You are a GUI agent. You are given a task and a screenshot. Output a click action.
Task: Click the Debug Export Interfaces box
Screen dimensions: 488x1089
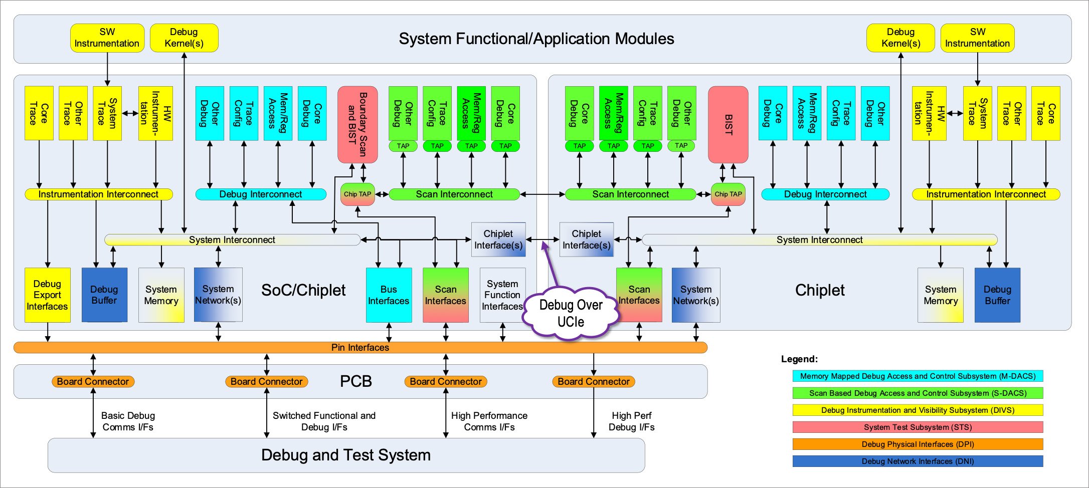point(47,295)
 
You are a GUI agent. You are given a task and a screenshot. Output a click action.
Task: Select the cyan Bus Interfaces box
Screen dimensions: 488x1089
point(389,295)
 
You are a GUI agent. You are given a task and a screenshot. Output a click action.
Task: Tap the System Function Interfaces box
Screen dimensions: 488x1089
point(502,295)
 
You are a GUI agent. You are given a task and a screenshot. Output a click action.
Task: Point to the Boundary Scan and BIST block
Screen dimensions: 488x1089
point(357,124)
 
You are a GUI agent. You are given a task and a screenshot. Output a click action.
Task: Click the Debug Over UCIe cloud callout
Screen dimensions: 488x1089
point(571,313)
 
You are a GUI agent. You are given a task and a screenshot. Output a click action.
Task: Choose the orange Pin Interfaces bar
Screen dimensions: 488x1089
point(360,347)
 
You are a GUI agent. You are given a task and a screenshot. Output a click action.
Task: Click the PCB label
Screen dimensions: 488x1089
point(356,381)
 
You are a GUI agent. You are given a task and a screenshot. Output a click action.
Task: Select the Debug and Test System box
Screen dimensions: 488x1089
point(346,455)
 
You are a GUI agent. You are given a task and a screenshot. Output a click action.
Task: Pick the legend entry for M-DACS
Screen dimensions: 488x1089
point(918,376)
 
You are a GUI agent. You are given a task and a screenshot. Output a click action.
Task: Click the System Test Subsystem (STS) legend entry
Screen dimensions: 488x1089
point(918,427)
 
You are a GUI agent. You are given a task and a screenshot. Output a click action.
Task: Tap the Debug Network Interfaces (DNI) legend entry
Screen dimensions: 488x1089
point(918,461)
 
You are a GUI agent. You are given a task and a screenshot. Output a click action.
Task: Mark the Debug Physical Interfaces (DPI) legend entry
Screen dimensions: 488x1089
point(918,444)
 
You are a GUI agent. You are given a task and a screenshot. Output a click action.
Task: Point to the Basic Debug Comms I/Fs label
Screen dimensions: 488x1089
point(128,421)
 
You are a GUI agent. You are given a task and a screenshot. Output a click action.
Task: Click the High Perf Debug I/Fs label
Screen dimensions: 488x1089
point(631,421)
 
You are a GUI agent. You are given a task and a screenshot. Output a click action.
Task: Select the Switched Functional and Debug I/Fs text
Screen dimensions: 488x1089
point(324,421)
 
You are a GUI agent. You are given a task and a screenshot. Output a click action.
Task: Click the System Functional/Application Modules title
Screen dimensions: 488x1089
point(536,39)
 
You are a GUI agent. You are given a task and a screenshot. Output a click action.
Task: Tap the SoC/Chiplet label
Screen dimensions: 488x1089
point(303,290)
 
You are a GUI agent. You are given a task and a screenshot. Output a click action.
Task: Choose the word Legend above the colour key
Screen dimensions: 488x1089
point(799,359)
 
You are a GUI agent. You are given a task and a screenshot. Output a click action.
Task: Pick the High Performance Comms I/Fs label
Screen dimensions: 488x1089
point(489,421)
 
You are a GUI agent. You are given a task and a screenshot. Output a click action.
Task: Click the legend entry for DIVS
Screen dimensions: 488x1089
point(918,410)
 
